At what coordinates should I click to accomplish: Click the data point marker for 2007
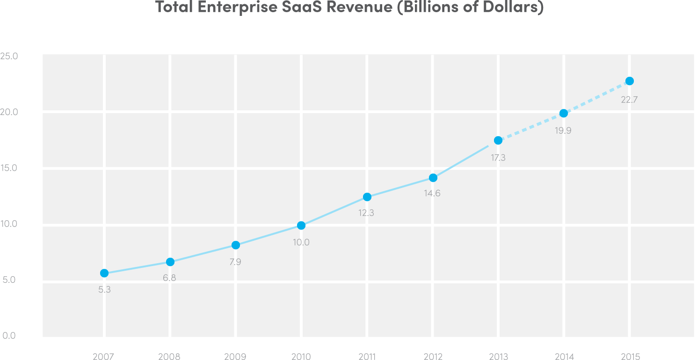[104, 273]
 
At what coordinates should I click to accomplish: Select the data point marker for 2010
[301, 225]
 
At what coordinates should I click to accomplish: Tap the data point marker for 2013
[498, 140]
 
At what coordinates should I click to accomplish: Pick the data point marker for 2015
[630, 81]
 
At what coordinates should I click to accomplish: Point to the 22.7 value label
[629, 99]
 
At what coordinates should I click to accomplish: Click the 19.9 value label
[563, 131]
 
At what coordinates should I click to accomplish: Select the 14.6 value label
[432, 193]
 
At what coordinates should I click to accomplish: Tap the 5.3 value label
[104, 290]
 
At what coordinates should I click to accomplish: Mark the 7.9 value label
[235, 262]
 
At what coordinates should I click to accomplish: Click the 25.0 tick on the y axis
[9, 56]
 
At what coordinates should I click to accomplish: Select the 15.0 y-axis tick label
[9, 168]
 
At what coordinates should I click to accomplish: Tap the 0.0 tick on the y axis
[9, 336]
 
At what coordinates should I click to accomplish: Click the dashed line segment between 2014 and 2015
[596, 97]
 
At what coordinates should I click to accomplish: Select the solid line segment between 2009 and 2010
[269, 235]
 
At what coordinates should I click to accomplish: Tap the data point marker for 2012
[433, 178]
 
